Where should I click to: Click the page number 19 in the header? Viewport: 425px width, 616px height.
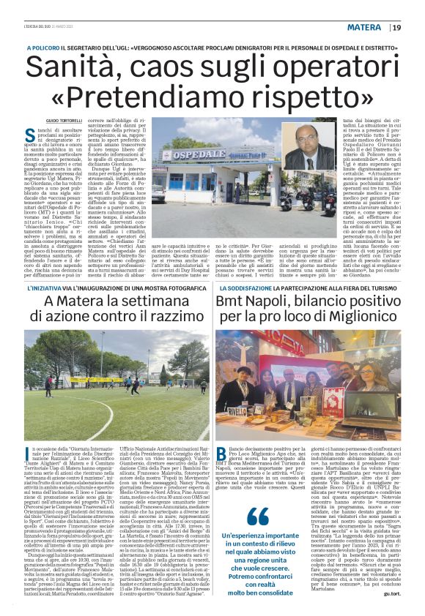tap(396, 28)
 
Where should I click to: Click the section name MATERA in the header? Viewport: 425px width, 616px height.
tap(364, 28)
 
